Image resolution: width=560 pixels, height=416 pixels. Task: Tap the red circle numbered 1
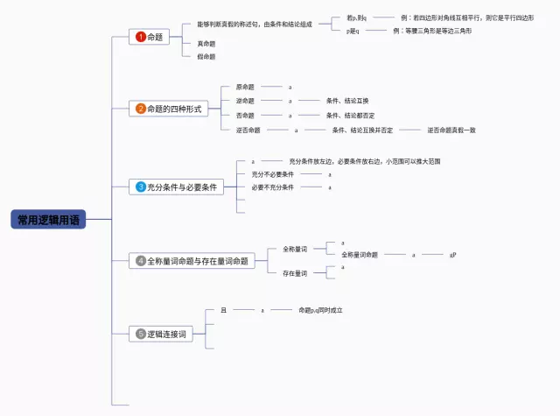tap(140, 37)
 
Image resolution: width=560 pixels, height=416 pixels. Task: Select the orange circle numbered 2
tap(140, 109)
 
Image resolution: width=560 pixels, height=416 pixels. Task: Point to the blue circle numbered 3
tap(140, 187)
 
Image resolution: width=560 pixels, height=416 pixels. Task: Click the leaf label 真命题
tap(206, 44)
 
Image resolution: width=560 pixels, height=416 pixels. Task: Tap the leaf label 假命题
tap(206, 56)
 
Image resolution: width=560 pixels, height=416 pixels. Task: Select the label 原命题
tap(245, 87)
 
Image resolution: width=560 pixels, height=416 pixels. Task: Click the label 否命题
tap(245, 115)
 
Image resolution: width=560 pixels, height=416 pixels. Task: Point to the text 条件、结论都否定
tap(350, 115)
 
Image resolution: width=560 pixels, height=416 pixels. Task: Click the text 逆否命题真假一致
tap(451, 130)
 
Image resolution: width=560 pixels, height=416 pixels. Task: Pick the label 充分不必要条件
tap(272, 174)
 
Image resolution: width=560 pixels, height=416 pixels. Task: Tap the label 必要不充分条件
tap(272, 187)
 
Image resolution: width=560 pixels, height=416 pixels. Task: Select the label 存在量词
tap(294, 273)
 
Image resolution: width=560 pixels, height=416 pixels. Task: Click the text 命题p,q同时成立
tap(320, 310)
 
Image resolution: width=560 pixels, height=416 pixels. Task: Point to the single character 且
tap(223, 310)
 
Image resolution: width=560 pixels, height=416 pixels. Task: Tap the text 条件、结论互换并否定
tap(362, 130)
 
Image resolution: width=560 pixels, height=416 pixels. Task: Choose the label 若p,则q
tap(356, 18)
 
